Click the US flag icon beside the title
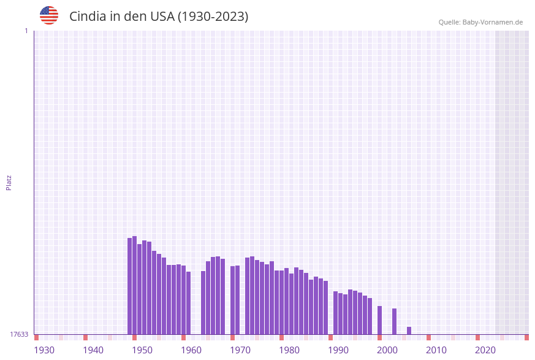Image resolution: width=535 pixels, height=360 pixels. click(x=49, y=15)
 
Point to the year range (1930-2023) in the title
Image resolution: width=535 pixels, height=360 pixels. click(x=213, y=17)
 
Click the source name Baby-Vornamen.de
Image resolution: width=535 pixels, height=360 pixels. click(x=493, y=22)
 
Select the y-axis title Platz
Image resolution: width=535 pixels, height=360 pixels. click(x=9, y=182)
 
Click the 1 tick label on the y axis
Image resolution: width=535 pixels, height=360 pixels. click(x=26, y=31)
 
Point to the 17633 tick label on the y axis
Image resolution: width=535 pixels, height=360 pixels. click(x=19, y=334)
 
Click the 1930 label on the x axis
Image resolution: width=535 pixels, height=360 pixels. click(x=44, y=350)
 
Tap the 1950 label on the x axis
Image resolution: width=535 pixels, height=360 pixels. click(x=142, y=350)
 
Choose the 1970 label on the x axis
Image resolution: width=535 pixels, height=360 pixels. click(x=240, y=350)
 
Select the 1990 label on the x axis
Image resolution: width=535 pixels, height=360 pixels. click(x=338, y=350)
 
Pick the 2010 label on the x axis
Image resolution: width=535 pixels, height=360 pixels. click(x=436, y=350)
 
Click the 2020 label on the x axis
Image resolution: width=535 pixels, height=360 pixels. click(x=485, y=350)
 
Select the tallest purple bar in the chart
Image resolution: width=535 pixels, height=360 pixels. click(x=135, y=285)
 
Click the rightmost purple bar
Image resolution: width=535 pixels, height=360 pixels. click(x=409, y=331)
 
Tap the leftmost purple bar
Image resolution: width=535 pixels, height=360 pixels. click(x=130, y=286)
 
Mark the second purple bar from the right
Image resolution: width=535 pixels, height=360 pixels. click(x=394, y=321)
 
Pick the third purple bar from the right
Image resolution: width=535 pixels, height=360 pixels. click(x=379, y=320)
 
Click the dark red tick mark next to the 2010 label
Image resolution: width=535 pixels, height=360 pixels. click(x=428, y=337)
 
